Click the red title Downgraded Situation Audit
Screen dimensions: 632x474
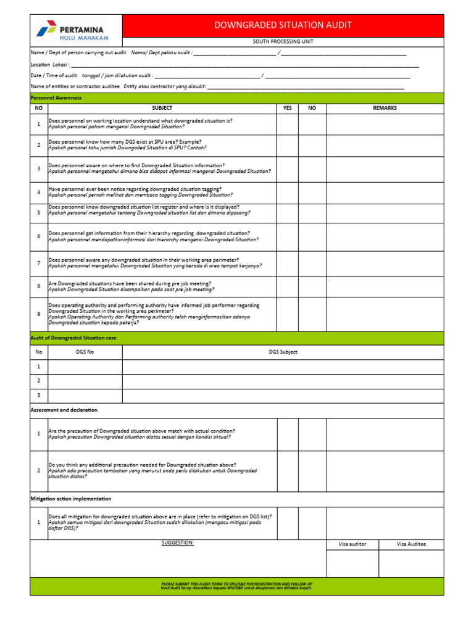coord(283,25)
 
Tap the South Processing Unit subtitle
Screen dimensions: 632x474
coord(283,41)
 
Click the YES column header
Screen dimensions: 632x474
coord(287,108)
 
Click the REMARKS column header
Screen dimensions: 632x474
coord(385,108)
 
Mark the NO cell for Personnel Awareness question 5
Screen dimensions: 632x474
coord(312,213)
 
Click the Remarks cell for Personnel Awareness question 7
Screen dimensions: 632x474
coord(385,264)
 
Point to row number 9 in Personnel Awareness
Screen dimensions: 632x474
coord(38,314)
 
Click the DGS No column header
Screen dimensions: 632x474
coord(85,352)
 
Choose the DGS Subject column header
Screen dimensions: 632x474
coord(283,352)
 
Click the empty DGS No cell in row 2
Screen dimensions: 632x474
coord(85,381)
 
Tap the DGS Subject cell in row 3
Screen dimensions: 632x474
coord(283,396)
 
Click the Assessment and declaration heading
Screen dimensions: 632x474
coord(64,410)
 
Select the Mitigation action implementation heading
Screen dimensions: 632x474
coord(71,499)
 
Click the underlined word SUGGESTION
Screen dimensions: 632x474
coord(178,543)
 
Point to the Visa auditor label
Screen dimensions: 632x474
coord(352,544)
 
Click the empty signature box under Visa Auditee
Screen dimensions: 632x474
coord(411,563)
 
